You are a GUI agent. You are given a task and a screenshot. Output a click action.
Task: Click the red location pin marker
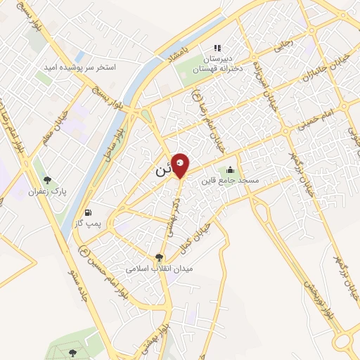(x=181, y=166)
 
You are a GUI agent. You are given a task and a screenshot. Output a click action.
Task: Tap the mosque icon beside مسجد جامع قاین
(x=230, y=169)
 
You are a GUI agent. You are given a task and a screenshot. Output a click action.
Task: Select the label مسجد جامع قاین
(x=229, y=181)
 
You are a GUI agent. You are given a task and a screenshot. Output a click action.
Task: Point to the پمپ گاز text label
(x=89, y=223)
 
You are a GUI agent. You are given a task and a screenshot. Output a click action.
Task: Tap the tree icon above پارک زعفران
(x=48, y=181)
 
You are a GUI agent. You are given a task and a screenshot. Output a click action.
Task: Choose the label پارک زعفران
(x=46, y=191)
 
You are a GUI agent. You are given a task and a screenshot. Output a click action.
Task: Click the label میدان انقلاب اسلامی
(x=159, y=269)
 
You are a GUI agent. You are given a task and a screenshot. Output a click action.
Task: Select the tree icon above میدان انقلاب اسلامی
(x=159, y=258)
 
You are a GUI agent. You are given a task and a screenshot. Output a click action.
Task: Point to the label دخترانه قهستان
(x=218, y=67)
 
